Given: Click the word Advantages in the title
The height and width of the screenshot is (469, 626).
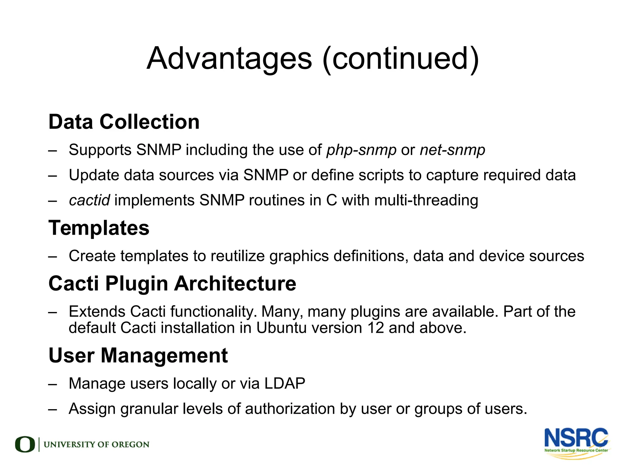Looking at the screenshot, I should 229,59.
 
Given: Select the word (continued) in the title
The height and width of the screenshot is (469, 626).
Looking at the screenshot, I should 401,59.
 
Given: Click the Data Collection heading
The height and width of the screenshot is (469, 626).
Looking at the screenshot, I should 124,122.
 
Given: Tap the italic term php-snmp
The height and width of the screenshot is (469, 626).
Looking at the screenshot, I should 361,150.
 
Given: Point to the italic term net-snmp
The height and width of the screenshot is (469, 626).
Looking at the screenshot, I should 452,150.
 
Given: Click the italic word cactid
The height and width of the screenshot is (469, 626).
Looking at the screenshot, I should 89,200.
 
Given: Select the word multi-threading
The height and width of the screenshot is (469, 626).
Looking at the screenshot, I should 426,200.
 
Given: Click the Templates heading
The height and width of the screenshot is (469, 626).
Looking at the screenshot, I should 99,228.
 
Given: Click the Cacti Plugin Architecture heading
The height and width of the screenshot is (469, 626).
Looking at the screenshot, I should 172,284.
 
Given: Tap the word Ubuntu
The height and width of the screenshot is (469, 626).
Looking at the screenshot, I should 281,328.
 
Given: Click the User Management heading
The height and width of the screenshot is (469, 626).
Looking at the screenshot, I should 138,356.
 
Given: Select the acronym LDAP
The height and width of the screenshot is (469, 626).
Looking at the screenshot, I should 285,383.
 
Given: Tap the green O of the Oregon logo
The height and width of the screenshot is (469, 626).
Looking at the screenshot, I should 25,445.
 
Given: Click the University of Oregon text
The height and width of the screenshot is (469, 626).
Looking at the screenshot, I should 97,445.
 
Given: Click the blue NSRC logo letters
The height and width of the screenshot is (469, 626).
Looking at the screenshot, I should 576,438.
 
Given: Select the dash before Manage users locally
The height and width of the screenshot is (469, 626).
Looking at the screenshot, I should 53,384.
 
